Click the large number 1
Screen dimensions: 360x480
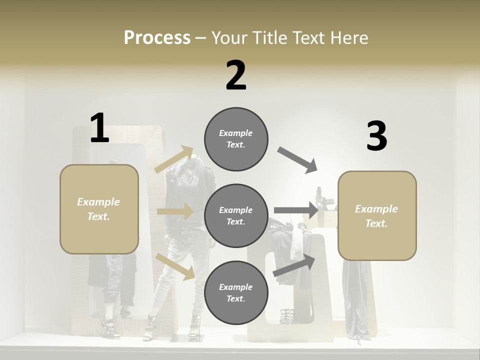coord(99,128)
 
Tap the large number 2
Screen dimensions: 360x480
coord(236,75)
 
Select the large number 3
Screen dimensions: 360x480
coord(376,136)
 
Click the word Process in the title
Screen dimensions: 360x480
coord(157,37)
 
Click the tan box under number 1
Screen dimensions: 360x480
coord(99,209)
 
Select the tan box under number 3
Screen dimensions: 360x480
coord(377,216)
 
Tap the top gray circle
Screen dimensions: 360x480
coord(236,139)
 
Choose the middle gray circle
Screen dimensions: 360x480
coord(236,215)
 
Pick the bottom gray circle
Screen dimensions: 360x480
coord(236,292)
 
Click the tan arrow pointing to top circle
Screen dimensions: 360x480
coord(174,159)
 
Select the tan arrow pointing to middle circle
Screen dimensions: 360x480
coord(175,211)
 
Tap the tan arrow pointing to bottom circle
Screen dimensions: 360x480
coord(175,266)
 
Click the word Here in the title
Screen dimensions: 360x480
coord(349,37)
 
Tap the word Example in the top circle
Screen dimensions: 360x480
coord(235,133)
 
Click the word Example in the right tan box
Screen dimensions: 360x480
coord(376,209)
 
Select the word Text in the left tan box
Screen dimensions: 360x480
coord(98,216)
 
